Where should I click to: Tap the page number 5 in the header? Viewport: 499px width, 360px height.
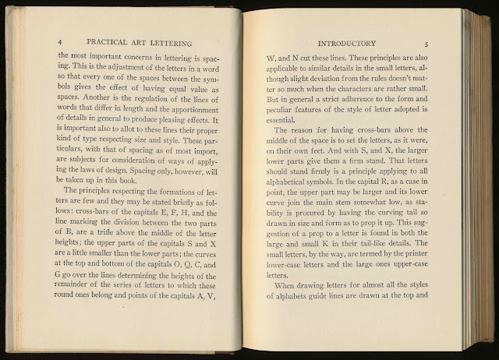(437, 41)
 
